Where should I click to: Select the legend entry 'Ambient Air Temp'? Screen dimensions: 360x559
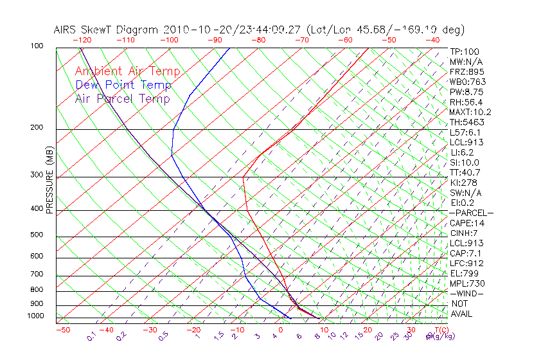pos(127,72)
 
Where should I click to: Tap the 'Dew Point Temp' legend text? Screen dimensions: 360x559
pos(123,85)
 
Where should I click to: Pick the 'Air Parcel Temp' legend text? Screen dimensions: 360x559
pos(122,99)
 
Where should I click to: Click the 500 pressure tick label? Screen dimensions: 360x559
pos(36,235)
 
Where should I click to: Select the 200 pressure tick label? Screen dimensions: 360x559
pos(36,128)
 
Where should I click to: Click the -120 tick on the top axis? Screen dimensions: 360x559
pos(82,40)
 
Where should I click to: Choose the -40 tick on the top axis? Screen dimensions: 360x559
pos(432,40)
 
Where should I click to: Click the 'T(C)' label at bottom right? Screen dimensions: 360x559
pos(441,330)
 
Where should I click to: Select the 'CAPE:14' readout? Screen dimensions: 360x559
pos(466,223)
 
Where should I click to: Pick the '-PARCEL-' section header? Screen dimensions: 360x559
pos(471,213)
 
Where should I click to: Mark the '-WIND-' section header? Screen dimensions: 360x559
pos(466,293)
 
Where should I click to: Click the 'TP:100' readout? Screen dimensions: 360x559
pos(464,52)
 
